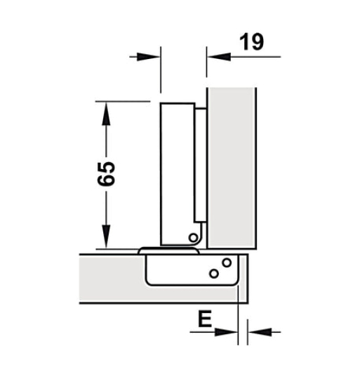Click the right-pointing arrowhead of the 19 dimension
(152, 55)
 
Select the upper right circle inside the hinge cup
(226, 262)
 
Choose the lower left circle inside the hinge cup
(213, 272)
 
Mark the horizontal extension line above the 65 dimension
(126, 100)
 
